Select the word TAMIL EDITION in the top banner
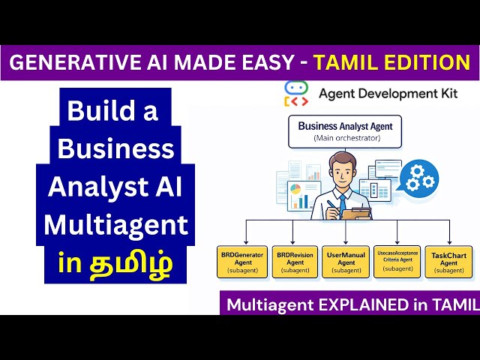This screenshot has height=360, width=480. [392, 62]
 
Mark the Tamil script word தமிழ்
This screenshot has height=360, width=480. [133, 264]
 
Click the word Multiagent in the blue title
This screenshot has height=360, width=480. [115, 224]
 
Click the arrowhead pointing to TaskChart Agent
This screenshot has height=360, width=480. [448, 241]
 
